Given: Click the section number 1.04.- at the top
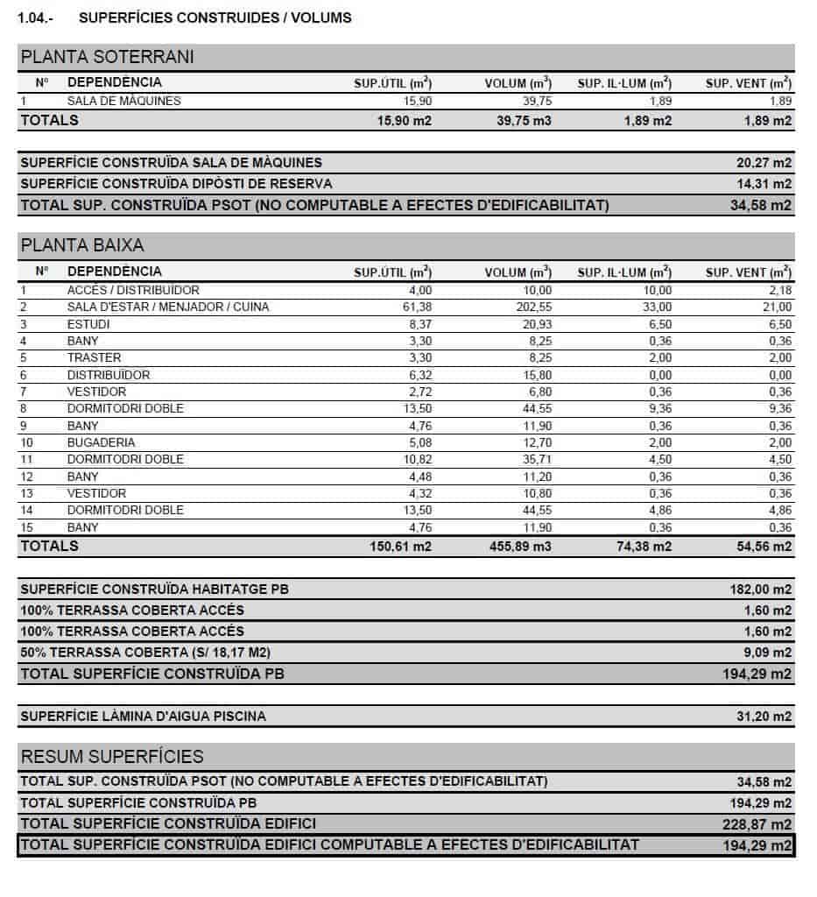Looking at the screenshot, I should point(36,18).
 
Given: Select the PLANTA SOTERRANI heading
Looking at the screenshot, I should point(107,58).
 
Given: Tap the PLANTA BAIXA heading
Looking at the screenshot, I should point(82,245).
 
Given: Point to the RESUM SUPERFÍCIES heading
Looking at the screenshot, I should point(111,757).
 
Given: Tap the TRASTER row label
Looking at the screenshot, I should point(94,357).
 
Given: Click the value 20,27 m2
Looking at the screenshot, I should point(764,163).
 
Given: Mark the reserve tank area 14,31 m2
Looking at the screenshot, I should point(764,184).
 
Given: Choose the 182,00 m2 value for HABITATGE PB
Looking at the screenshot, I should point(761,590).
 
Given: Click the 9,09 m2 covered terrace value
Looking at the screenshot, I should point(768,653).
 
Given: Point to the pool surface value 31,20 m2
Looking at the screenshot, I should point(764,717).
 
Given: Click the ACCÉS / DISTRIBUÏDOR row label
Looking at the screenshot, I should point(133,290).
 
